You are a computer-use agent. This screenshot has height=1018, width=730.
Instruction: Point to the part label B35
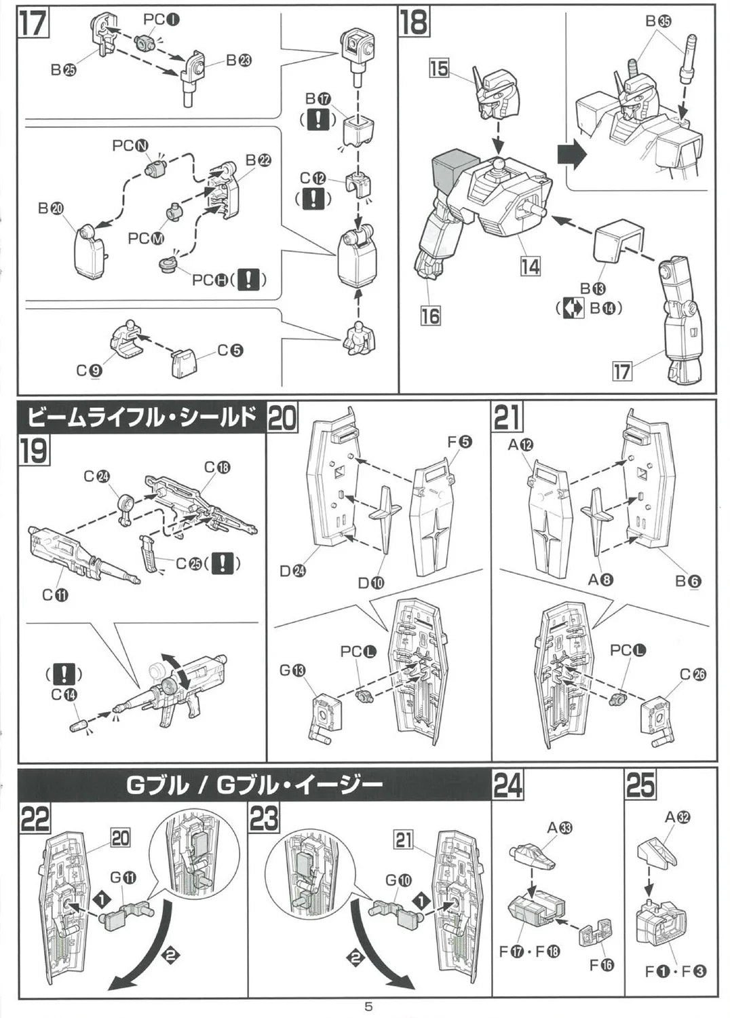[657, 22]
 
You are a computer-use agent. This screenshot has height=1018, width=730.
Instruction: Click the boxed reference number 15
[439, 69]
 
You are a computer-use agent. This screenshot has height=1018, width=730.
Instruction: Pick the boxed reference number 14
[530, 266]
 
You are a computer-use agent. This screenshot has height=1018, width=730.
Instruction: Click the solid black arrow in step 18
[571, 155]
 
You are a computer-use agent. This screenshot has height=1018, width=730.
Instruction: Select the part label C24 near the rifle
[96, 476]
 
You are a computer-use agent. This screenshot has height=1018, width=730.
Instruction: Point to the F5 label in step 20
[459, 442]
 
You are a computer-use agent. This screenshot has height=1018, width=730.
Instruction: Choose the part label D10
[371, 583]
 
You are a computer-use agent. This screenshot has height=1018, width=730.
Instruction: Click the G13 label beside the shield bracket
[293, 671]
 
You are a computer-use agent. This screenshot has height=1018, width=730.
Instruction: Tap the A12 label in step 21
[520, 445]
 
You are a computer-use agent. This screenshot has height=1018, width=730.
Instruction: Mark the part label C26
[693, 674]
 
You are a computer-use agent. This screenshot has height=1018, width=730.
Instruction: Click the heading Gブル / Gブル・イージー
[254, 786]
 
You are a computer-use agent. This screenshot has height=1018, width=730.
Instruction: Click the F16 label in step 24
[601, 964]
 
